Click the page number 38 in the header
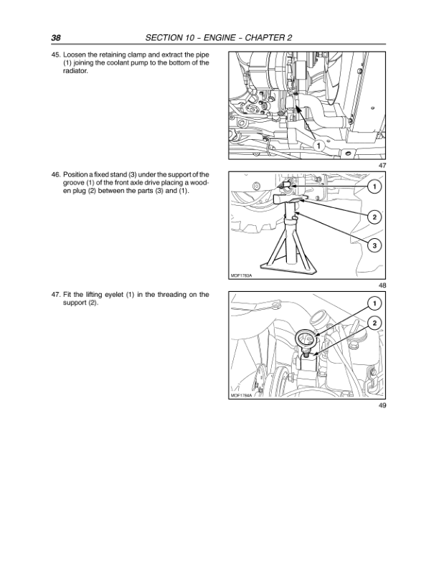56,37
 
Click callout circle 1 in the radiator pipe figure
316,146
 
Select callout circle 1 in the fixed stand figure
374,187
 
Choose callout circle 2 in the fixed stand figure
374,217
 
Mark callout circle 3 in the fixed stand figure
374,246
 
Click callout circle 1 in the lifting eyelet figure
374,301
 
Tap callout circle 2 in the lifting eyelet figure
374,324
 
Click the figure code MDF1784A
241,396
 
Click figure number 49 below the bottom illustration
382,406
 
